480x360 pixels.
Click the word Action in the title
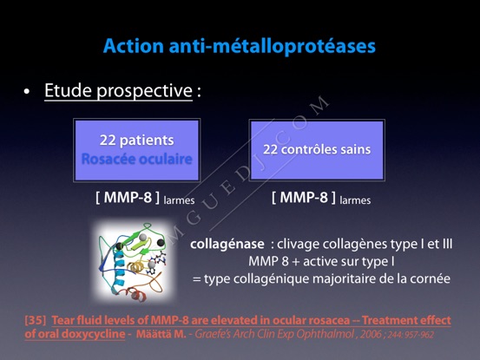[x=134, y=46]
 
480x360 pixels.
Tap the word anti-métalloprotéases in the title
[x=273, y=47]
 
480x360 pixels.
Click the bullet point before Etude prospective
[x=27, y=91]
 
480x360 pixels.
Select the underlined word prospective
[x=144, y=91]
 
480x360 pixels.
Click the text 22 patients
[x=137, y=141]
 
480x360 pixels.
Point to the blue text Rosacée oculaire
[x=137, y=159]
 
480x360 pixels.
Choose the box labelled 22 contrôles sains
[x=317, y=150]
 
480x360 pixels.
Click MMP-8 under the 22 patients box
[x=128, y=198]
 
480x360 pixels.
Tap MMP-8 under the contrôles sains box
[x=304, y=198]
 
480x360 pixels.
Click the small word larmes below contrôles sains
[x=355, y=200]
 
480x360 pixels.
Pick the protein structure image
[x=134, y=260]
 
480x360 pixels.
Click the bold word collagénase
[x=227, y=244]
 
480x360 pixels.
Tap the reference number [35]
[x=36, y=320]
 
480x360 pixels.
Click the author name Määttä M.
[x=161, y=334]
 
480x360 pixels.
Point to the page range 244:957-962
[x=411, y=335]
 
